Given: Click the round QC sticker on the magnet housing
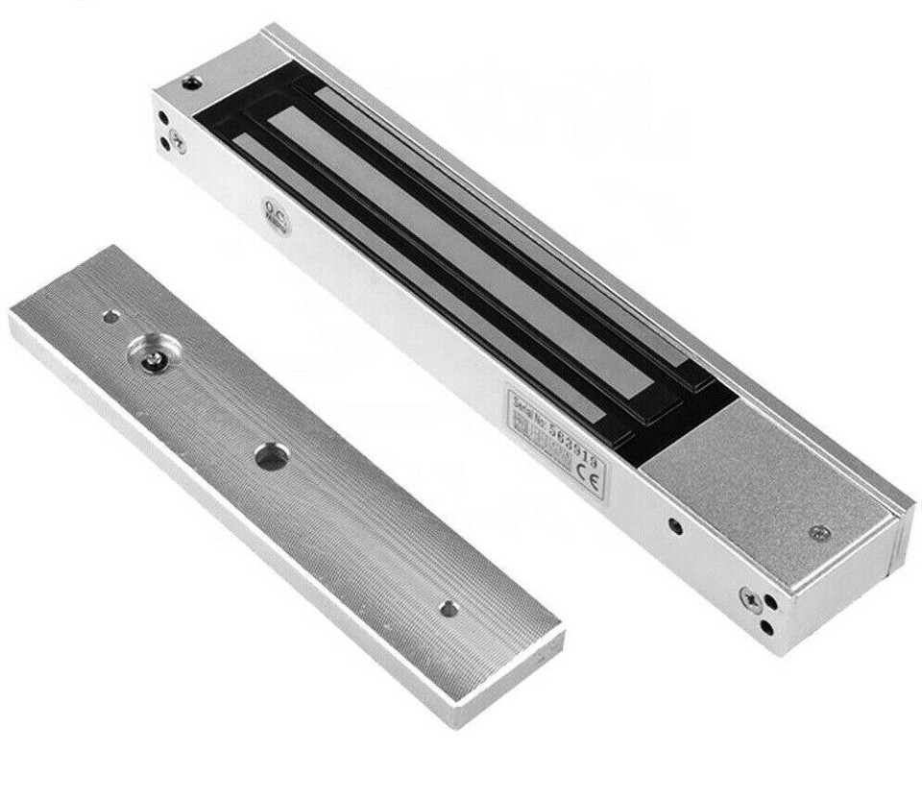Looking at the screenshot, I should [x=272, y=210].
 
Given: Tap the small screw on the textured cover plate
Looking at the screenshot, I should [x=817, y=532].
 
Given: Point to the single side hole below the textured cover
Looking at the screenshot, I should [x=675, y=526].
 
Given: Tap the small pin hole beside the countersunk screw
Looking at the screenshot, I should [x=111, y=316].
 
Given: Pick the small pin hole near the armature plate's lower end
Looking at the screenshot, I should [x=448, y=608].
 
